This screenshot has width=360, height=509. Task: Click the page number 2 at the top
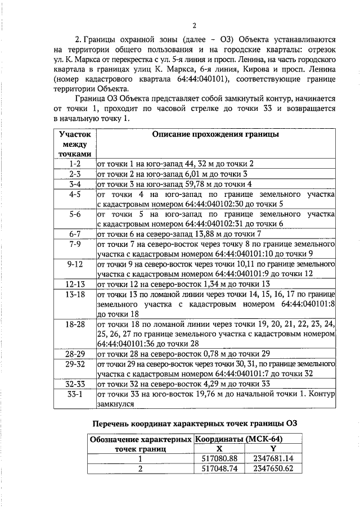pos(194,25)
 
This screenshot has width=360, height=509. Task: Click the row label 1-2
pos(75,164)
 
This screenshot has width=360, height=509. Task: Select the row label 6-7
pos(75,233)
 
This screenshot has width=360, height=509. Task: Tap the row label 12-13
pos(75,284)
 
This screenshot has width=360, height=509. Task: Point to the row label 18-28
pos(75,325)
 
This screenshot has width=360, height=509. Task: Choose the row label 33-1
pos(75,394)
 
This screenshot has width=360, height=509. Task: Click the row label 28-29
pos(75,354)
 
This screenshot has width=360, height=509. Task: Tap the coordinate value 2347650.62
pos(273,469)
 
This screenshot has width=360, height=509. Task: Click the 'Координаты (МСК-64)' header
pos(238,439)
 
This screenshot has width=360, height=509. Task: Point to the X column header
pos(220,449)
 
